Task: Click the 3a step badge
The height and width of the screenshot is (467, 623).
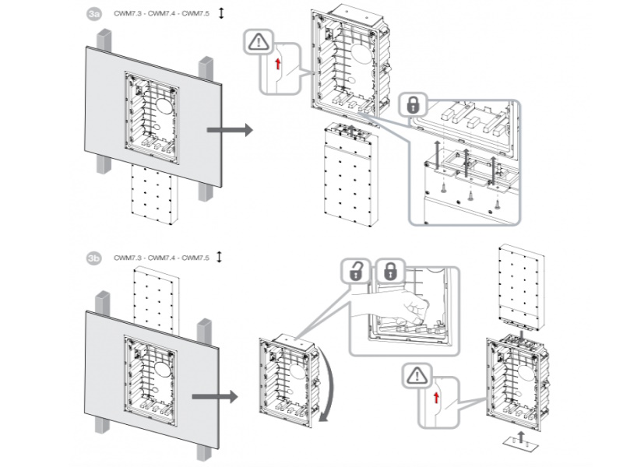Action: pyautogui.click(x=94, y=14)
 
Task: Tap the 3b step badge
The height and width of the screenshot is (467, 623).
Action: pyautogui.click(x=94, y=257)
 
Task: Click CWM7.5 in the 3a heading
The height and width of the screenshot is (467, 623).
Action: pyautogui.click(x=198, y=14)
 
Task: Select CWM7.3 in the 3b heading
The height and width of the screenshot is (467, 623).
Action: pyautogui.click(x=128, y=257)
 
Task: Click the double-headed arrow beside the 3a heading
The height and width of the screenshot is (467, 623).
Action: pyautogui.click(x=221, y=13)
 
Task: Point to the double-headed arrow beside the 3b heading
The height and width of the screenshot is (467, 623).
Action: pyautogui.click(x=221, y=256)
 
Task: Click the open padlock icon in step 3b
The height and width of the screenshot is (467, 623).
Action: pyautogui.click(x=356, y=272)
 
